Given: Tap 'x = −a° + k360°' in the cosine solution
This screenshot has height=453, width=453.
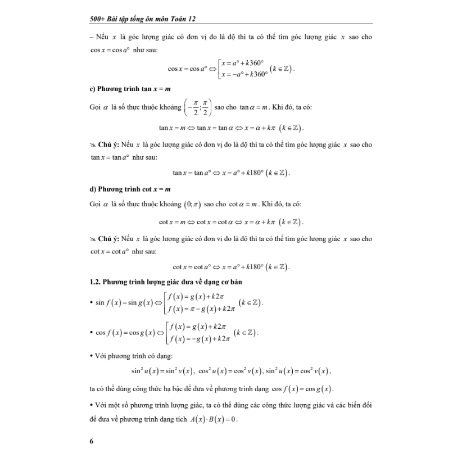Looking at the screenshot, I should pos(244,74).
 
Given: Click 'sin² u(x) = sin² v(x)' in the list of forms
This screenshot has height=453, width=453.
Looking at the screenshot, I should pos(162,372).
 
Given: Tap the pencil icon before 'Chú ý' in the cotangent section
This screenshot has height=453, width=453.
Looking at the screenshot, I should pos(93,239).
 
